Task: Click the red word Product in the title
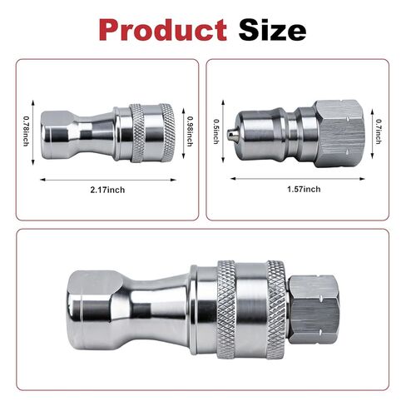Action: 163,30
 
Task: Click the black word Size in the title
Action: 272,29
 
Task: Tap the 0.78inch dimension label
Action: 26,131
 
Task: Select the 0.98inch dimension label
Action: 191,131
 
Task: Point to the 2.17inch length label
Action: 107,190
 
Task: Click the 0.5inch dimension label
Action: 216,131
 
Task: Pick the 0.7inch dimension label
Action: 379,131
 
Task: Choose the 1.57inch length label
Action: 304,189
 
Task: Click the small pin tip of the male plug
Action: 231,135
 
